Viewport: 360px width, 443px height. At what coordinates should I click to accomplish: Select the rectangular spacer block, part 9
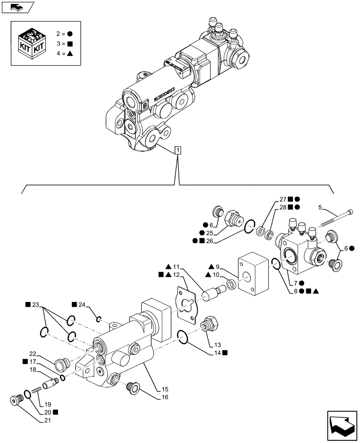pyautogui.click(x=254, y=275)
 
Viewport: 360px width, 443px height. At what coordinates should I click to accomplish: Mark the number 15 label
pyautogui.click(x=165, y=389)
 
